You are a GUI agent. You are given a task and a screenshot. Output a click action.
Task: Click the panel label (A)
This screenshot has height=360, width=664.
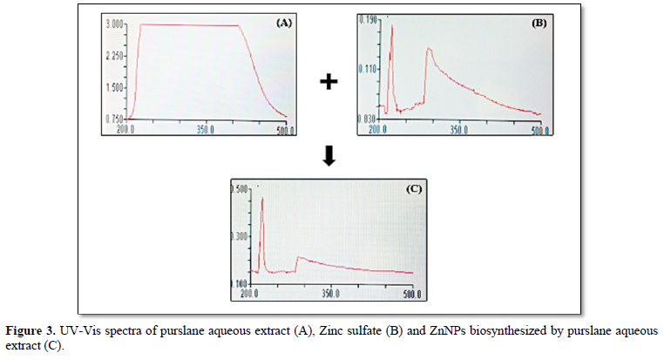[283, 24]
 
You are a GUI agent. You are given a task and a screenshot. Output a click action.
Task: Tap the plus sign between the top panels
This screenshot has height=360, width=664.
[328, 82]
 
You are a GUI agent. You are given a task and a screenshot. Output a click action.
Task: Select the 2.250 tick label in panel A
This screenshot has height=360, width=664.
[114, 56]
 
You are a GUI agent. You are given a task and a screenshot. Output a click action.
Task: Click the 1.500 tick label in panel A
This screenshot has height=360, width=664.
[114, 87]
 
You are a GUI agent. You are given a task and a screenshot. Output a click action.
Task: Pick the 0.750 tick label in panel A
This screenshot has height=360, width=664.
[114, 119]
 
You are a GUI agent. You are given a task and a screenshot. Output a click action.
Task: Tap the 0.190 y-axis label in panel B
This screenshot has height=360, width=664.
[365, 18]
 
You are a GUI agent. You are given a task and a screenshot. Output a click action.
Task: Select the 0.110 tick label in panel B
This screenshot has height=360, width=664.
[365, 68]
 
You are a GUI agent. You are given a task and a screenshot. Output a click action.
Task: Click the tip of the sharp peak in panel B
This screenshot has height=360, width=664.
[392, 26]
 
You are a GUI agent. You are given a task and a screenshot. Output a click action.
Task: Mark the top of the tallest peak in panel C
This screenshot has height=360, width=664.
[262, 198]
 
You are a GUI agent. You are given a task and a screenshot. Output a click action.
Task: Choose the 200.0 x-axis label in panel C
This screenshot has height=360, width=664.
[249, 295]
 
